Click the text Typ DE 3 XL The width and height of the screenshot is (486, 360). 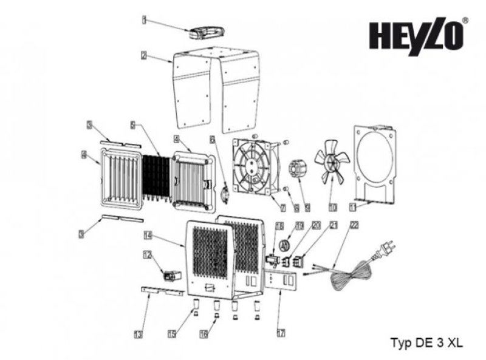coord(426,342)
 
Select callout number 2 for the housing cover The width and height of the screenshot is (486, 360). coord(143,56)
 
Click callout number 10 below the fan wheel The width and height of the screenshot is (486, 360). coord(332,207)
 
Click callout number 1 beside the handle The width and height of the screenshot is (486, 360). coord(145,20)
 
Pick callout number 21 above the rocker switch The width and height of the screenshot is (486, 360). coord(333,225)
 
